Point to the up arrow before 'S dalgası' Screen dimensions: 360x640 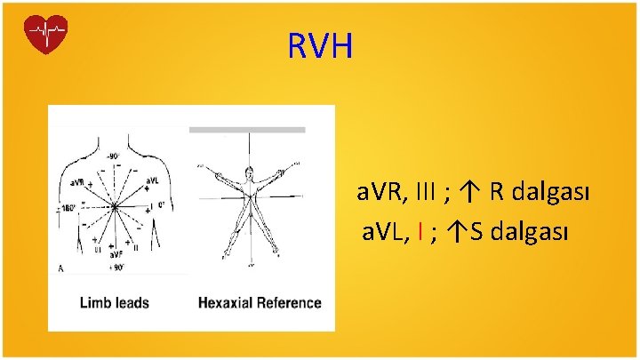(457, 233)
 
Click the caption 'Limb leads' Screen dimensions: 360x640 (113, 303)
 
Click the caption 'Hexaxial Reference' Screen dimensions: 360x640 (259, 303)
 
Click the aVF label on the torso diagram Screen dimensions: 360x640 (116, 256)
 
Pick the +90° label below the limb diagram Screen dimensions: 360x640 (115, 267)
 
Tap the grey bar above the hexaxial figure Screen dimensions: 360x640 (247, 130)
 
